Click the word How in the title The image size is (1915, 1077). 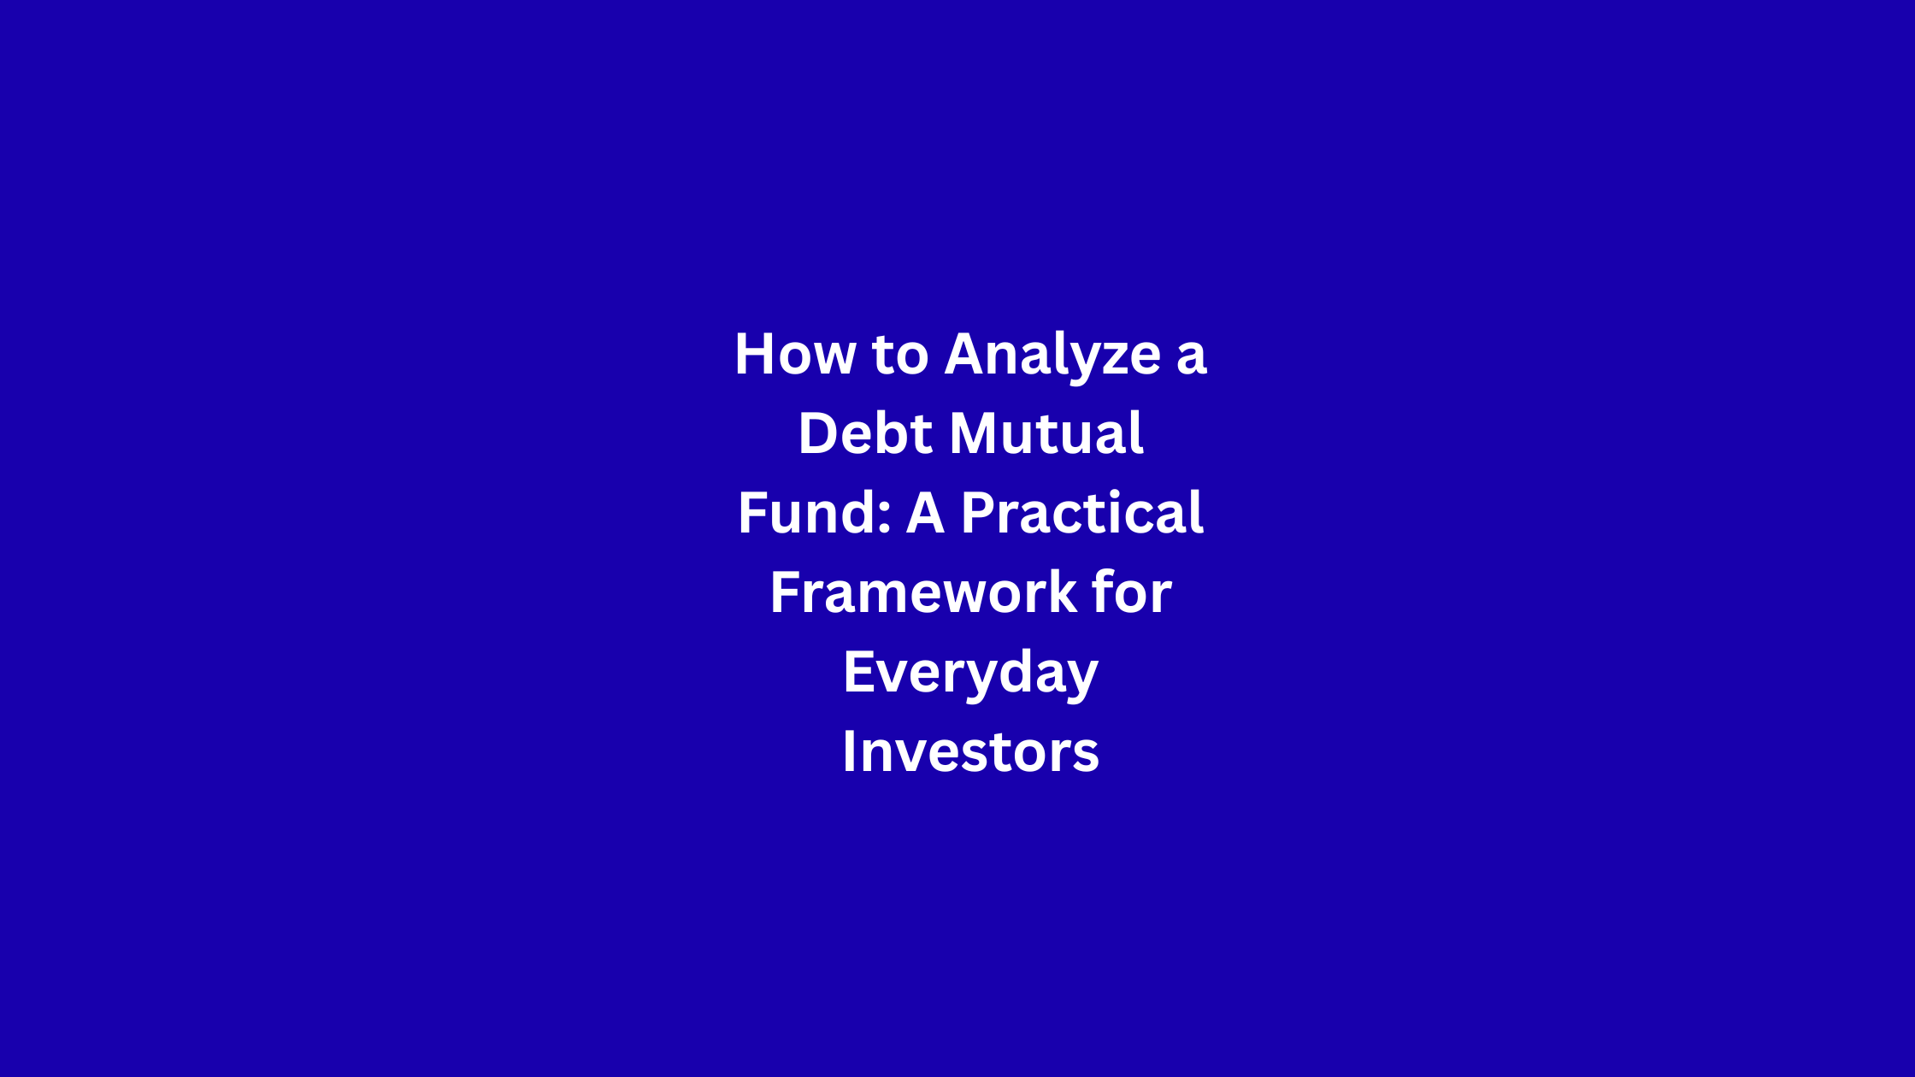point(795,354)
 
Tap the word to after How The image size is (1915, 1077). point(900,355)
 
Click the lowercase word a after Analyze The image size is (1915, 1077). point(1191,359)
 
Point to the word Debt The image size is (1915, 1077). point(865,433)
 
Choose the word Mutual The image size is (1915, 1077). point(1046,433)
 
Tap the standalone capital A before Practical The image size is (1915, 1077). point(925,513)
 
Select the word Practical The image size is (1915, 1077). point(1082,513)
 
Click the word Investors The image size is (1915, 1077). point(970,752)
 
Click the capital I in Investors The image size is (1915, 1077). point(850,751)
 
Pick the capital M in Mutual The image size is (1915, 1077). point(976,433)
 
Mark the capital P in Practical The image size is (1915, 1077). point(980,513)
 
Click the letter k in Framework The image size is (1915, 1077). point(1061,591)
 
